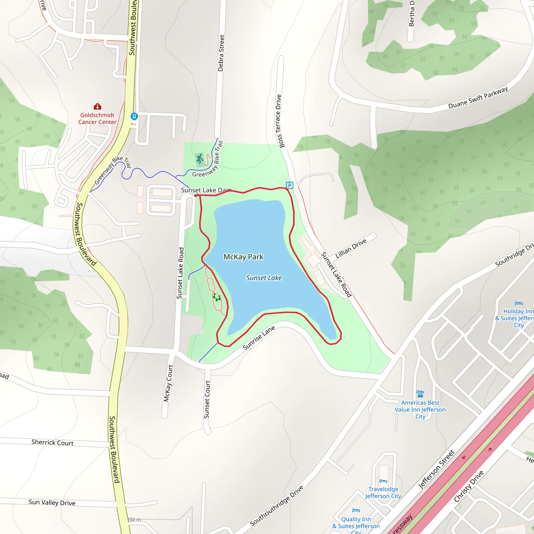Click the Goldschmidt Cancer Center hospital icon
(97, 107)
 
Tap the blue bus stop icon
(134, 116)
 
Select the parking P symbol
(289, 185)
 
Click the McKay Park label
(243, 257)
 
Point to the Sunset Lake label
(264, 278)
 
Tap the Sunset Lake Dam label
(206, 190)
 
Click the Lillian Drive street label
(351, 248)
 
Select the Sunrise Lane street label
(259, 337)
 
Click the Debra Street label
(221, 53)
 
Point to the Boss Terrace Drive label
(280, 121)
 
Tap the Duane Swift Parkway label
(478, 98)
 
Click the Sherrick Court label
(52, 442)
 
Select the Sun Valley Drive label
(52, 502)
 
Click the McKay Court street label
(168, 383)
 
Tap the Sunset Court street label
(207, 399)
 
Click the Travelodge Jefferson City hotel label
(383, 493)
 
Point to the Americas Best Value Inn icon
(420, 393)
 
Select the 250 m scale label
(134, 520)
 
